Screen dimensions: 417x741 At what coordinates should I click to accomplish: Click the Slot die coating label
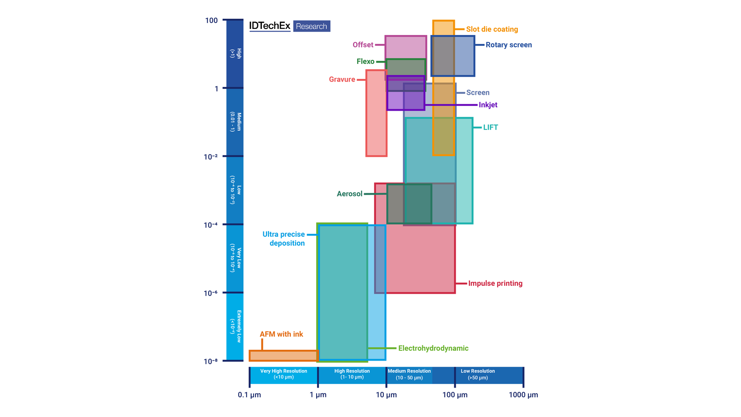point(492,29)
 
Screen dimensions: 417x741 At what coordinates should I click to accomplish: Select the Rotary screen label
point(508,45)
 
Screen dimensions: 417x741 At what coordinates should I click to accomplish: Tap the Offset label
point(363,45)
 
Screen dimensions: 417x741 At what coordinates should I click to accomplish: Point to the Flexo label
point(365,61)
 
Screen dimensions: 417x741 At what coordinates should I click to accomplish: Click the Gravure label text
point(342,79)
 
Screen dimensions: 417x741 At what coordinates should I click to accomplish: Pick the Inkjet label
point(488,105)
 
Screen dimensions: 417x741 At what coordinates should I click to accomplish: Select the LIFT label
point(490,127)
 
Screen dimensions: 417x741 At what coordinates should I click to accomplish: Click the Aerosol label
point(349,194)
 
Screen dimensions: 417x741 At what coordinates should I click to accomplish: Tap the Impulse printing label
point(495,283)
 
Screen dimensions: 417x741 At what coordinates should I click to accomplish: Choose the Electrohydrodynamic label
point(433,348)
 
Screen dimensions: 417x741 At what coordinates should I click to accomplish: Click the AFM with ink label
point(281,334)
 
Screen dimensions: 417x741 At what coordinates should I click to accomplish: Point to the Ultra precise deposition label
point(284,239)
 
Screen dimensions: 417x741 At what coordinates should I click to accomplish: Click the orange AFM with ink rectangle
point(283,355)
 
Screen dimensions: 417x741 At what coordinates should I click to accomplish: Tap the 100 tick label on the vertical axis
point(211,21)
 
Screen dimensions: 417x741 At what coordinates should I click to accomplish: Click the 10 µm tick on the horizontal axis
point(386,395)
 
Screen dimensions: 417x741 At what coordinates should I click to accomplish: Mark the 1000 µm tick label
point(523,395)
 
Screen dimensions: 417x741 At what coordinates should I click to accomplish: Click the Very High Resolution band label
point(283,374)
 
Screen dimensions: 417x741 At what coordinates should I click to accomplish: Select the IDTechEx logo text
point(269,26)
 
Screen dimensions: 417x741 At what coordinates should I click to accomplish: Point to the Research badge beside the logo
point(311,26)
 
